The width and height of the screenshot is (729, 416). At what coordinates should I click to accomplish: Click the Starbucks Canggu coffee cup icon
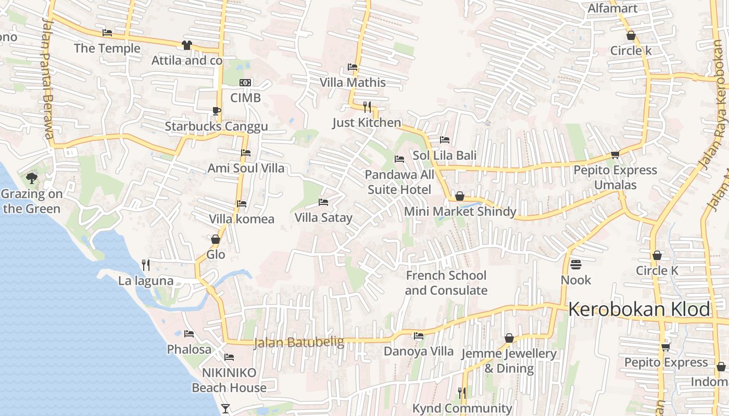(x=217, y=111)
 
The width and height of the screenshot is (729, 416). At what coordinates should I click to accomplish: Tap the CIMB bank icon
(x=245, y=83)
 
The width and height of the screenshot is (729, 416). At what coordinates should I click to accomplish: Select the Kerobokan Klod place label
(x=639, y=310)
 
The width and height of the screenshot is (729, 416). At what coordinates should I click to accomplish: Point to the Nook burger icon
(x=575, y=265)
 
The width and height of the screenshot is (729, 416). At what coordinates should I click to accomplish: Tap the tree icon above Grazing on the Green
(x=32, y=178)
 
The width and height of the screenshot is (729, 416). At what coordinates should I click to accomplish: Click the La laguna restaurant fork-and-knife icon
(x=146, y=265)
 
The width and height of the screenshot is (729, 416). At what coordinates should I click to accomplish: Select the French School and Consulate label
(x=446, y=283)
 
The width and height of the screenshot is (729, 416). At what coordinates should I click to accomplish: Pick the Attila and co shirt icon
(x=187, y=45)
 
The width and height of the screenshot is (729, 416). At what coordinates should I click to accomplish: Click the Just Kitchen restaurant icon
(x=367, y=107)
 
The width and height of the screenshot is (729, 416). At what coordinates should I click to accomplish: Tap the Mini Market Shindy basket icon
(x=460, y=196)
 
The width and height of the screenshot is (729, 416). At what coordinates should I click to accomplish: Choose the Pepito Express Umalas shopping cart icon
(x=615, y=154)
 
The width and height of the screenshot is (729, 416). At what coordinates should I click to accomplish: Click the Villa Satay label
(x=323, y=218)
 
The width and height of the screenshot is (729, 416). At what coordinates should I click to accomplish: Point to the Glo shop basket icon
(x=216, y=239)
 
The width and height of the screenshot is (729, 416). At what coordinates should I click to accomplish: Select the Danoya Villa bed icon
(x=419, y=336)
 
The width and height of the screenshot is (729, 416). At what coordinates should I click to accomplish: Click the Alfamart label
(x=612, y=8)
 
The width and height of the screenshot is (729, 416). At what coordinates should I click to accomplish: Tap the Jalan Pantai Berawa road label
(x=48, y=78)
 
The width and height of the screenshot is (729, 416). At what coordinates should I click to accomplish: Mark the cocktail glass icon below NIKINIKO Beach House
(x=225, y=409)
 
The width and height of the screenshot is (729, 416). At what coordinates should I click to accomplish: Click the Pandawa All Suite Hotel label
(x=399, y=182)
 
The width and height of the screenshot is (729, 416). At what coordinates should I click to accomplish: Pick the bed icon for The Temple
(x=107, y=33)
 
